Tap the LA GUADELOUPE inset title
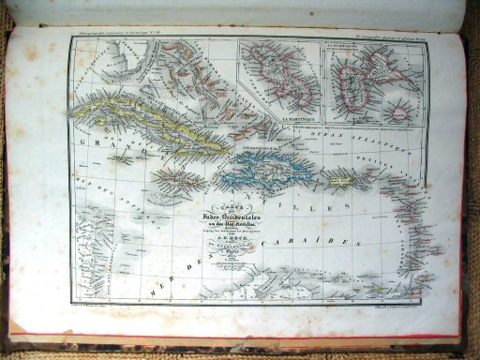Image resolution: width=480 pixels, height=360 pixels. [360, 48]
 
